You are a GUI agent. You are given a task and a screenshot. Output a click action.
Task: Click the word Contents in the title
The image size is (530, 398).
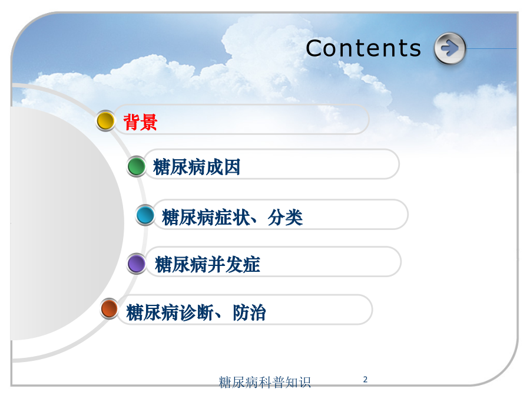tap(363, 48)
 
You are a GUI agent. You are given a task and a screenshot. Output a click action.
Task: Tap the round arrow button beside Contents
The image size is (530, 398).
tap(450, 48)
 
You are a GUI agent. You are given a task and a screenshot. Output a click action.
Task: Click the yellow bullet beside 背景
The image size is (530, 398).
tap(105, 120)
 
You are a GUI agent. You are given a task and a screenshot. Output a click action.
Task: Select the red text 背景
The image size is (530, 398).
tap(140, 122)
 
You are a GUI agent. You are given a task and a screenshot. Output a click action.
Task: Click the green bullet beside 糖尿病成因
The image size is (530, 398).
tap(136, 166)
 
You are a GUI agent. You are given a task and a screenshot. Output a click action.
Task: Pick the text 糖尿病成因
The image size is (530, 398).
tap(197, 167)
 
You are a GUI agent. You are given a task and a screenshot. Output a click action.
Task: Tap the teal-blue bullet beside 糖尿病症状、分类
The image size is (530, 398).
tap(145, 215)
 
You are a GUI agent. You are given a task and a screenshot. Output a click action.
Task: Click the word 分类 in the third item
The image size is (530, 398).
tap(285, 217)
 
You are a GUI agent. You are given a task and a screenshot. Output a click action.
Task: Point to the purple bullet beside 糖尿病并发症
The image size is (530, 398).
tap(137, 264)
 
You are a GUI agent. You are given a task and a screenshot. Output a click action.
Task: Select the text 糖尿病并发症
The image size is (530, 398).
tap(207, 264)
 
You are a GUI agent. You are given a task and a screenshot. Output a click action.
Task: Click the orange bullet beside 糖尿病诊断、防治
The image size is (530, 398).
tap(109, 308)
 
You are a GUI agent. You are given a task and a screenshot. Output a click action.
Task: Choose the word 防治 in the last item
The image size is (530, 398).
tap(249, 313)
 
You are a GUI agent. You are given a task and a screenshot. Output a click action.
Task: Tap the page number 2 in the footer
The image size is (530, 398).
tap(365, 379)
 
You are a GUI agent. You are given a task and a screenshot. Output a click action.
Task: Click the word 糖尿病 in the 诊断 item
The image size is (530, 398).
tap(153, 313)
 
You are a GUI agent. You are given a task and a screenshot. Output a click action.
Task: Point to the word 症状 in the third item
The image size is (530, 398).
tap(232, 217)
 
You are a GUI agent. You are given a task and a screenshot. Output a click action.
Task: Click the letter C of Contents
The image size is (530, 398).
tap(314, 48)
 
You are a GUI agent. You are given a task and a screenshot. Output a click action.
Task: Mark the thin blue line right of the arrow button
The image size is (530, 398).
tap(492, 49)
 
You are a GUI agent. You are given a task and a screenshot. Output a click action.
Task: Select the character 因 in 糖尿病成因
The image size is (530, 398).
tap(232, 167)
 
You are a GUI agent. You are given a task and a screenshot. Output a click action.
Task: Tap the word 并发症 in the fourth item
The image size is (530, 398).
tap(234, 264)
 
